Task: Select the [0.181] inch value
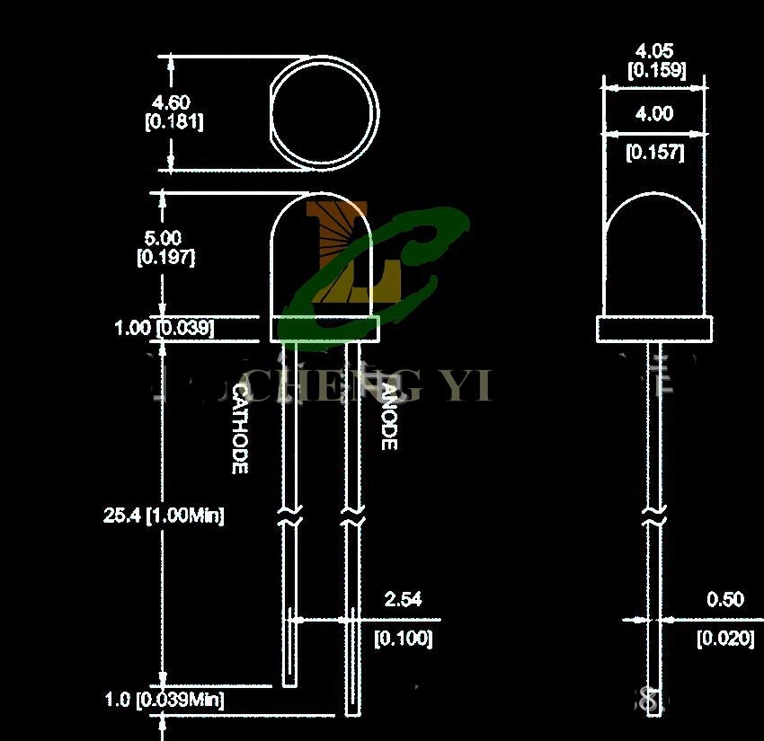coord(173,121)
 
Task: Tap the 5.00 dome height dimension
coord(164,238)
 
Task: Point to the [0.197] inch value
coord(165,257)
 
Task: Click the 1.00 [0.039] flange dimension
coord(164,328)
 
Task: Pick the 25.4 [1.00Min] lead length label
coord(164,516)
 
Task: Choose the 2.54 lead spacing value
coord(403,599)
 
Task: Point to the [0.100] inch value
coord(403,639)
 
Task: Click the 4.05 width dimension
coord(653,51)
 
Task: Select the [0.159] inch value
coord(656,70)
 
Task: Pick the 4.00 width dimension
coord(653,114)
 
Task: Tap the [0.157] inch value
coord(654,153)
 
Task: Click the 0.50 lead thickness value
coord(725,599)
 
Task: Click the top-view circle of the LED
coord(324,114)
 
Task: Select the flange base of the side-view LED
coord(654,329)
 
